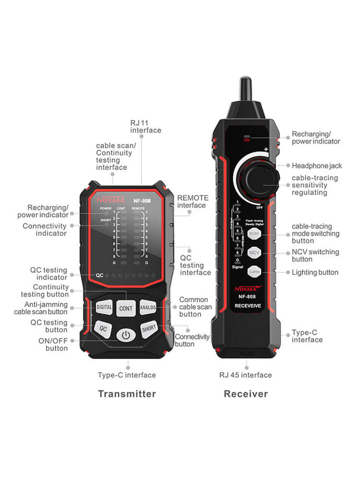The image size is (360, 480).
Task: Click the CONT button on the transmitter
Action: click(x=126, y=308)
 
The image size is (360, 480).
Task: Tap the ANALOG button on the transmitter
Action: click(x=148, y=307)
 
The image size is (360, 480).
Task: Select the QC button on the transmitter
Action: click(x=102, y=328)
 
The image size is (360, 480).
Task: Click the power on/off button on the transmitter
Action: click(x=125, y=334)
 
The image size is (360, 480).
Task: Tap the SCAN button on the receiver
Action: click(x=254, y=233)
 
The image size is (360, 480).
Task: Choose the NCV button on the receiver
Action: click(x=254, y=253)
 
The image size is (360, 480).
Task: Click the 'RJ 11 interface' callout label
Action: click(x=145, y=126)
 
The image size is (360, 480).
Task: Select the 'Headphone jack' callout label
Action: click(x=317, y=165)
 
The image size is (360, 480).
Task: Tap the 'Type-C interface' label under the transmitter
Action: click(x=126, y=375)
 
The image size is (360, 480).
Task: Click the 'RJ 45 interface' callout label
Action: click(x=245, y=375)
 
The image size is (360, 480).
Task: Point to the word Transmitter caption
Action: click(x=127, y=394)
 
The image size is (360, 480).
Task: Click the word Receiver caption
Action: click(x=245, y=394)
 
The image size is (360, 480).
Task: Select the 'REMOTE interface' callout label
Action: click(x=192, y=201)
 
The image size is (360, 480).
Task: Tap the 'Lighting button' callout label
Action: click(x=315, y=272)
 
